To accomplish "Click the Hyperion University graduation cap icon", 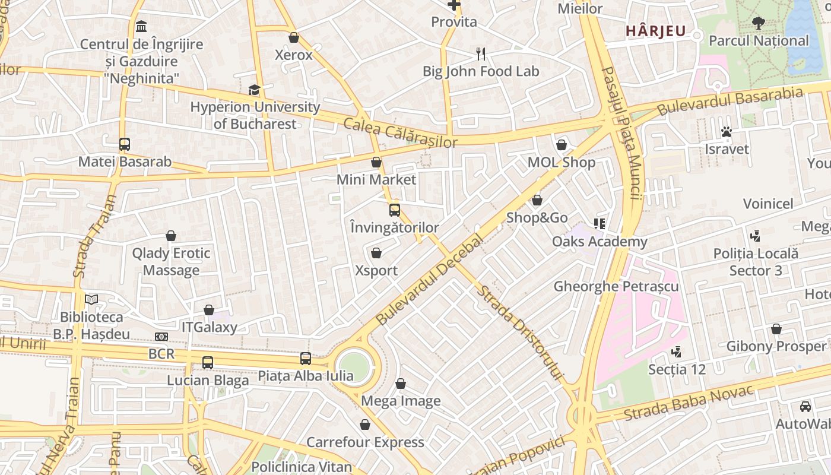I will (x=254, y=90).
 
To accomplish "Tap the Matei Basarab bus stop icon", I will (x=125, y=144).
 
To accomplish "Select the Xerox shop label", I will (x=293, y=55).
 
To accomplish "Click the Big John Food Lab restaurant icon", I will (x=481, y=54).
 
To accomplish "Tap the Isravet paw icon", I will (x=727, y=131).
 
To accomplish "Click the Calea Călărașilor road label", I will (x=401, y=133).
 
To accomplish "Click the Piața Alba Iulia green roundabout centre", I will (x=354, y=366).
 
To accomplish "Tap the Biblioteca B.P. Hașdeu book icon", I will (x=91, y=300).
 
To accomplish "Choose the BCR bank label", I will (x=161, y=354).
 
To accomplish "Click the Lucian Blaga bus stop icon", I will (x=207, y=362).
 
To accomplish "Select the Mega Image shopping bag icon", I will (x=401, y=384).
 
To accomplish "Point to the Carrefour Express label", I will (x=365, y=442).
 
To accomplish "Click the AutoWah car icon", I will (x=805, y=406).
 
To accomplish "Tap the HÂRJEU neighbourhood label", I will (x=655, y=31).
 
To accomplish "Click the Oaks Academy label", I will (x=600, y=242).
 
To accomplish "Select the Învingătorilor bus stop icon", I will (x=395, y=210).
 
